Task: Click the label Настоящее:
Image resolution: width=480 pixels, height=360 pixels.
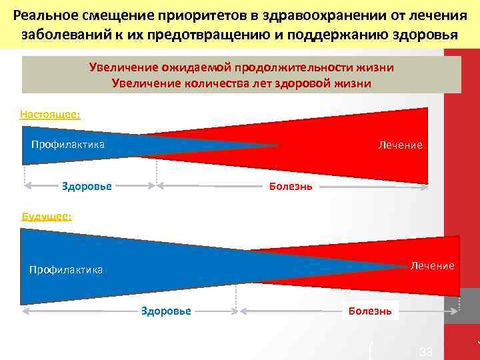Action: point(50,114)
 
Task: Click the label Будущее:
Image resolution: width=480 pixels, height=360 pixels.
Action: point(47,216)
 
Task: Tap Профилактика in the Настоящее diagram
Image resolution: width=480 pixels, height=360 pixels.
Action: point(68,145)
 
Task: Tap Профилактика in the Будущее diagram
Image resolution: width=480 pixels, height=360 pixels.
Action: point(66,270)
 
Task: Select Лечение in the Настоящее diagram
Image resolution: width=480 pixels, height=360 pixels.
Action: point(400,145)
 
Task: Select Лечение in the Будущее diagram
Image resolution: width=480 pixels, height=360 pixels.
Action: point(432,265)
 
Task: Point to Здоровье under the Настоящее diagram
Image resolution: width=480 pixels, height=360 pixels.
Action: point(87,186)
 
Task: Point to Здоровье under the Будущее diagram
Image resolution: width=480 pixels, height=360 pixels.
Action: point(166,311)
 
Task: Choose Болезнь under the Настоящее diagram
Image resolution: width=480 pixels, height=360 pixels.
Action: point(290,186)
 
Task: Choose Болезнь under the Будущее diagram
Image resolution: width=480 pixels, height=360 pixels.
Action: point(370,311)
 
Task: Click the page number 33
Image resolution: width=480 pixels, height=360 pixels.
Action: point(426,351)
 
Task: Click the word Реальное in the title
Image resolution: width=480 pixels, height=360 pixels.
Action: point(45,15)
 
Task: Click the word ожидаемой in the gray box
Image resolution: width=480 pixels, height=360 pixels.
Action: point(195,67)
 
